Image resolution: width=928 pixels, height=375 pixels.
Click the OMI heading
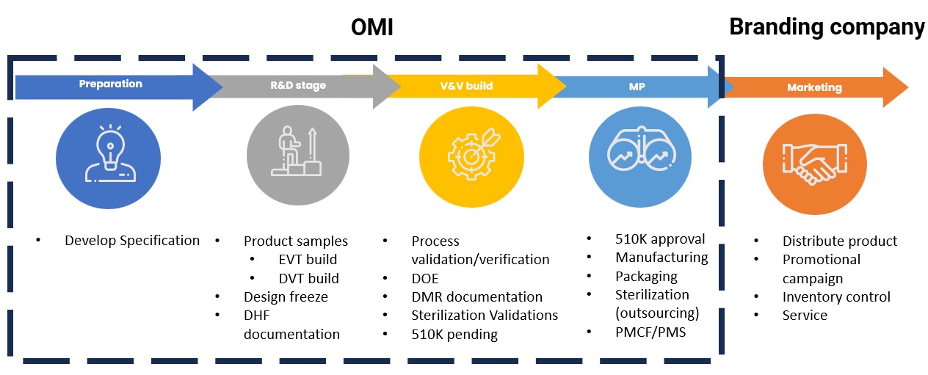point(371,28)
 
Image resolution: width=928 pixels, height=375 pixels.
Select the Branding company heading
point(827,27)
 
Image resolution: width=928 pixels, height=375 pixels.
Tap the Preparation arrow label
point(111,84)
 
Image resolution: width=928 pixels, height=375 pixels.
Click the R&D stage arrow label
point(298,85)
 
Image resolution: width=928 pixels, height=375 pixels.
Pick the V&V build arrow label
point(466,86)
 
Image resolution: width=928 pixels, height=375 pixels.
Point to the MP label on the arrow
point(637,87)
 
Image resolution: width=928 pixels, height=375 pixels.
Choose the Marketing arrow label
point(814,88)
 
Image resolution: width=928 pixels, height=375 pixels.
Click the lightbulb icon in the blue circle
point(110,153)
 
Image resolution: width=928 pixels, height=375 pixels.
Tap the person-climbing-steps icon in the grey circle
point(296,151)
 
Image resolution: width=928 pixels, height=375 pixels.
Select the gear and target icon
point(474,154)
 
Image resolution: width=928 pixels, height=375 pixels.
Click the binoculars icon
point(642,148)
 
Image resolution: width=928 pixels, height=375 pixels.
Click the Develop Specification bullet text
point(132,241)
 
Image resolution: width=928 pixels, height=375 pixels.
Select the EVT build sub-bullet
point(308,260)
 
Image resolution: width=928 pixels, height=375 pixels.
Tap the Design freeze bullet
point(286,296)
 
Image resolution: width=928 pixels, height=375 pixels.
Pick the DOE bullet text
point(425,279)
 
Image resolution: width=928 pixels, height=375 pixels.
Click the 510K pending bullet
point(454,335)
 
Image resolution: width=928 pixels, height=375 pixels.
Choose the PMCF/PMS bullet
point(650,332)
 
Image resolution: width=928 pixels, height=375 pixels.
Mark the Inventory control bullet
point(836,296)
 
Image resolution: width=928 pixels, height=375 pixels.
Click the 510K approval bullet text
point(660,239)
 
